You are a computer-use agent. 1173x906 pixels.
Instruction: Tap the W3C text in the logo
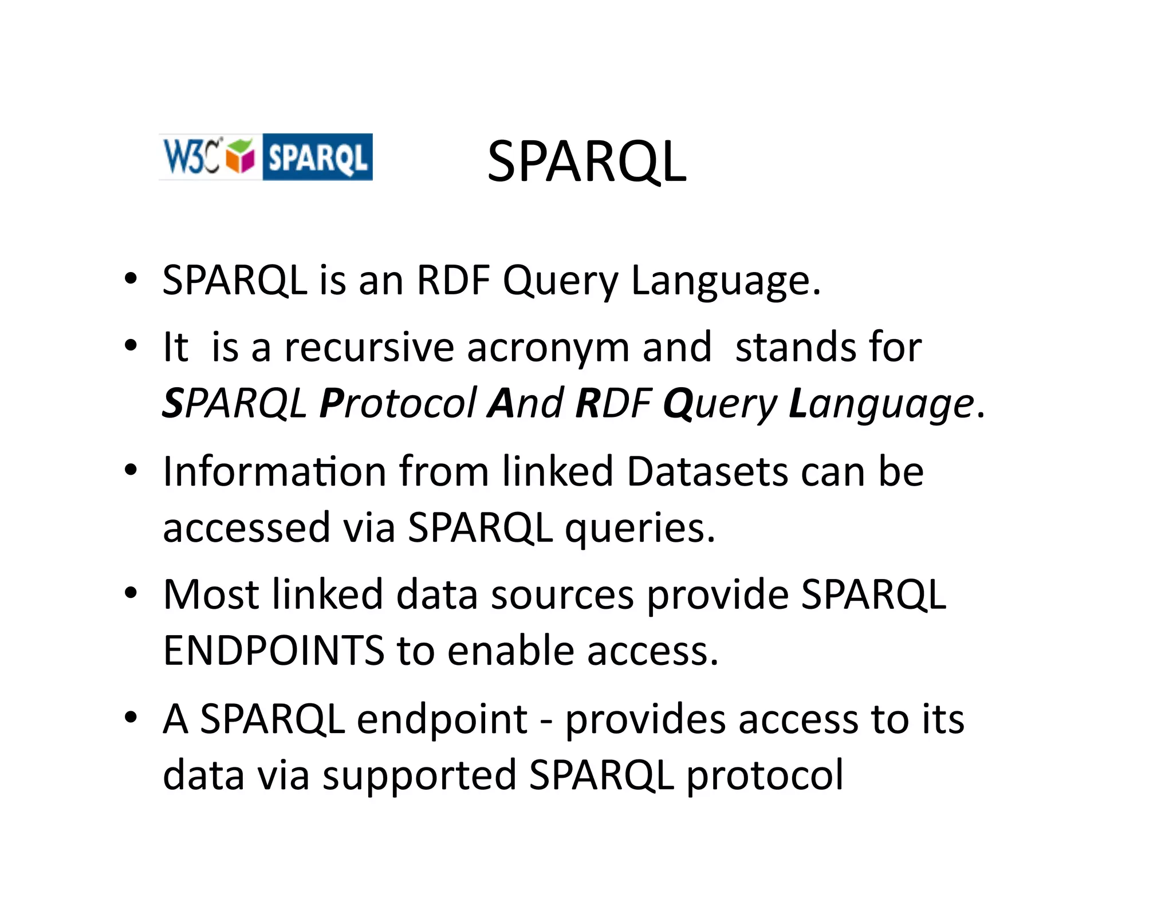[191, 156]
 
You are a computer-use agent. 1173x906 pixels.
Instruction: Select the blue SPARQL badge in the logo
[317, 157]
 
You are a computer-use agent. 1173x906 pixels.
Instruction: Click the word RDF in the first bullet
[452, 281]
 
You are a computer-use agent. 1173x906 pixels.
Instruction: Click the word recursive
[369, 347]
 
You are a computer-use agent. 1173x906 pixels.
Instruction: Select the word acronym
[548, 348]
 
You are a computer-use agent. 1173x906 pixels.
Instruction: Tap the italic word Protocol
[397, 403]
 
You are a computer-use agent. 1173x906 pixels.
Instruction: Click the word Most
[211, 594]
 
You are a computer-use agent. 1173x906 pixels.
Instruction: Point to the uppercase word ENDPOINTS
[273, 651]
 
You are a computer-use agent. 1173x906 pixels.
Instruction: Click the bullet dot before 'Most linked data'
[131, 593]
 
